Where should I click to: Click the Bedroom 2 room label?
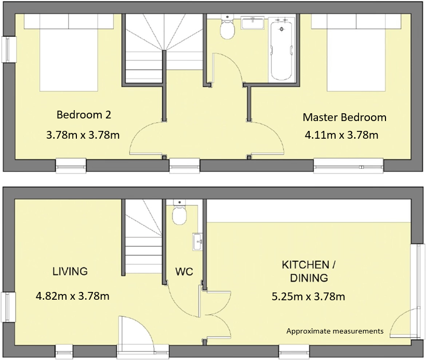point(84,115)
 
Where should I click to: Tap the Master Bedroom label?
point(344,117)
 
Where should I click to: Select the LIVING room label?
point(70,271)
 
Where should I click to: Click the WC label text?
point(184,271)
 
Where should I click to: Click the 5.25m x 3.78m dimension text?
point(309,297)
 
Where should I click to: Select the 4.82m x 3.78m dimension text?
point(73,296)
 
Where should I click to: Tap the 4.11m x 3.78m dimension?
point(341,135)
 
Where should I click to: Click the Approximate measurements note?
point(335,331)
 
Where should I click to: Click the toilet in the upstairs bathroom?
point(227,26)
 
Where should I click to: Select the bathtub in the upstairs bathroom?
point(281,49)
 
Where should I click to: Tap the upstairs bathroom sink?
point(252,23)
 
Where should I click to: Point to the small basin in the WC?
point(197,242)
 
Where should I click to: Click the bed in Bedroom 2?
point(69,52)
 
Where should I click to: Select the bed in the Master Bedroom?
point(356,52)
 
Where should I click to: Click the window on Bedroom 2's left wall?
point(8,49)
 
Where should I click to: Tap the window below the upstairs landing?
point(185,166)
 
